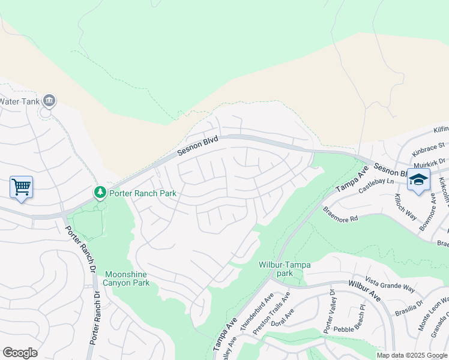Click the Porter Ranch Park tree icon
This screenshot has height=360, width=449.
[100, 193]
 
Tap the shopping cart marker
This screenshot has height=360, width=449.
[21, 187]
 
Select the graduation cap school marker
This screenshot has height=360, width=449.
[418, 179]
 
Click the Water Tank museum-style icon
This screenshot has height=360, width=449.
[50, 101]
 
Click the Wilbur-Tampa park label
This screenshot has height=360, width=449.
[284, 268]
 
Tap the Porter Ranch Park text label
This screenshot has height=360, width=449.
[143, 193]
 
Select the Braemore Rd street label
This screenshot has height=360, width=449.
[341, 215]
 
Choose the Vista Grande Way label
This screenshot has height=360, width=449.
[390, 285]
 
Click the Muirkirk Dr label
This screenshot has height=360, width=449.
[430, 164]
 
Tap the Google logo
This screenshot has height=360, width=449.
[20, 353]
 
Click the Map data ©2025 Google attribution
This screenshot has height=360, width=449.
[412, 355]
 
